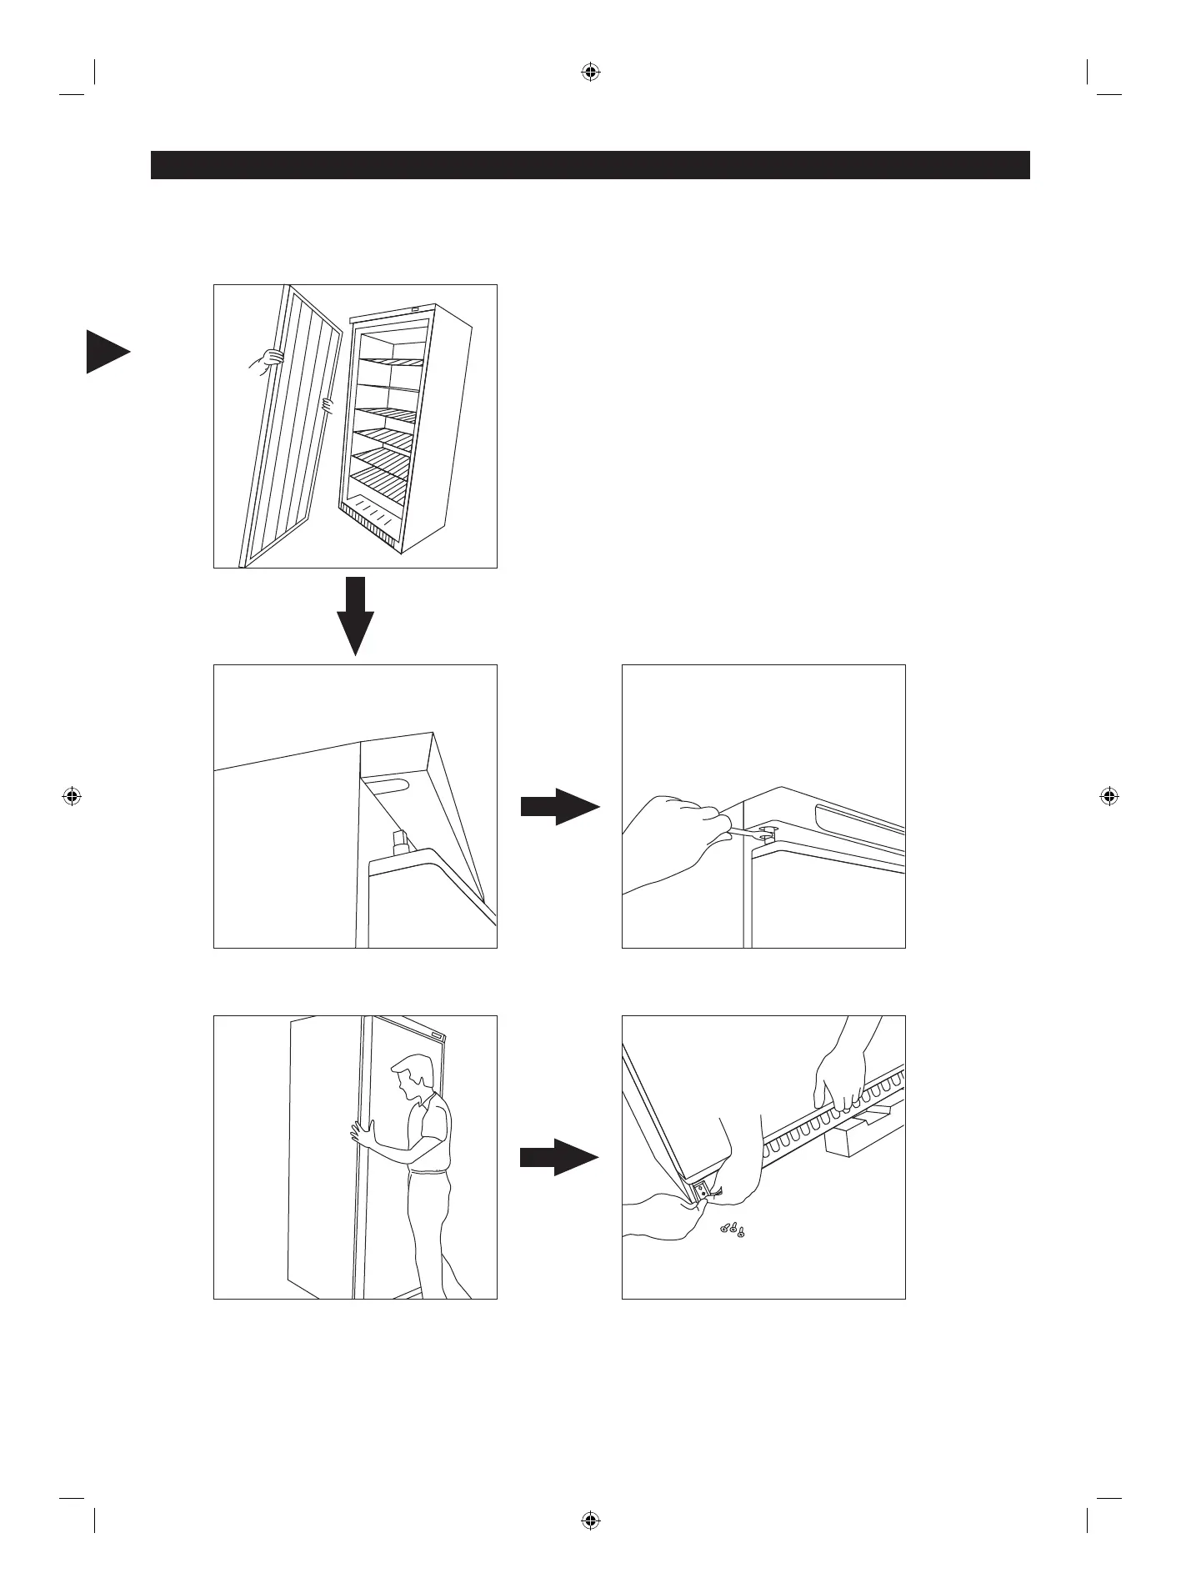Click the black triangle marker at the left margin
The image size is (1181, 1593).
tap(107, 353)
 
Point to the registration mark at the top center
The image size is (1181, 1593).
tap(590, 73)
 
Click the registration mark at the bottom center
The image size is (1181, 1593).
tap(590, 1520)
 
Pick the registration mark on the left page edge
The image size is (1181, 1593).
tap(72, 796)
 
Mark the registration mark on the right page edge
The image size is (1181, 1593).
tap(1108, 796)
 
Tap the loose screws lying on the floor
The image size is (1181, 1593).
tap(732, 1229)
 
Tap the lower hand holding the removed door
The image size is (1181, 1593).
tap(328, 406)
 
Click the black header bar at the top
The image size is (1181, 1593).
tap(590, 165)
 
